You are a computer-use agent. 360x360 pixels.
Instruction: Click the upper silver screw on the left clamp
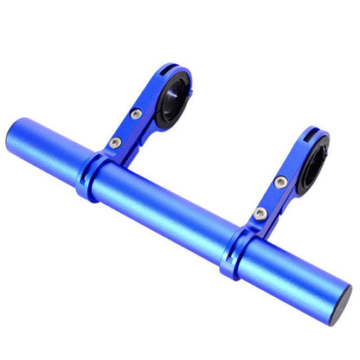(136, 113)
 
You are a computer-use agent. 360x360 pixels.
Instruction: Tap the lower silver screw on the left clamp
(115, 142)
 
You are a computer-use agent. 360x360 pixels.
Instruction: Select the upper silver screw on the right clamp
(281, 182)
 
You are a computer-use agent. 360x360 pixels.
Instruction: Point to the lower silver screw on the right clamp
(260, 212)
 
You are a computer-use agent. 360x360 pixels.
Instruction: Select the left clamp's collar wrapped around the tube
(92, 173)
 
